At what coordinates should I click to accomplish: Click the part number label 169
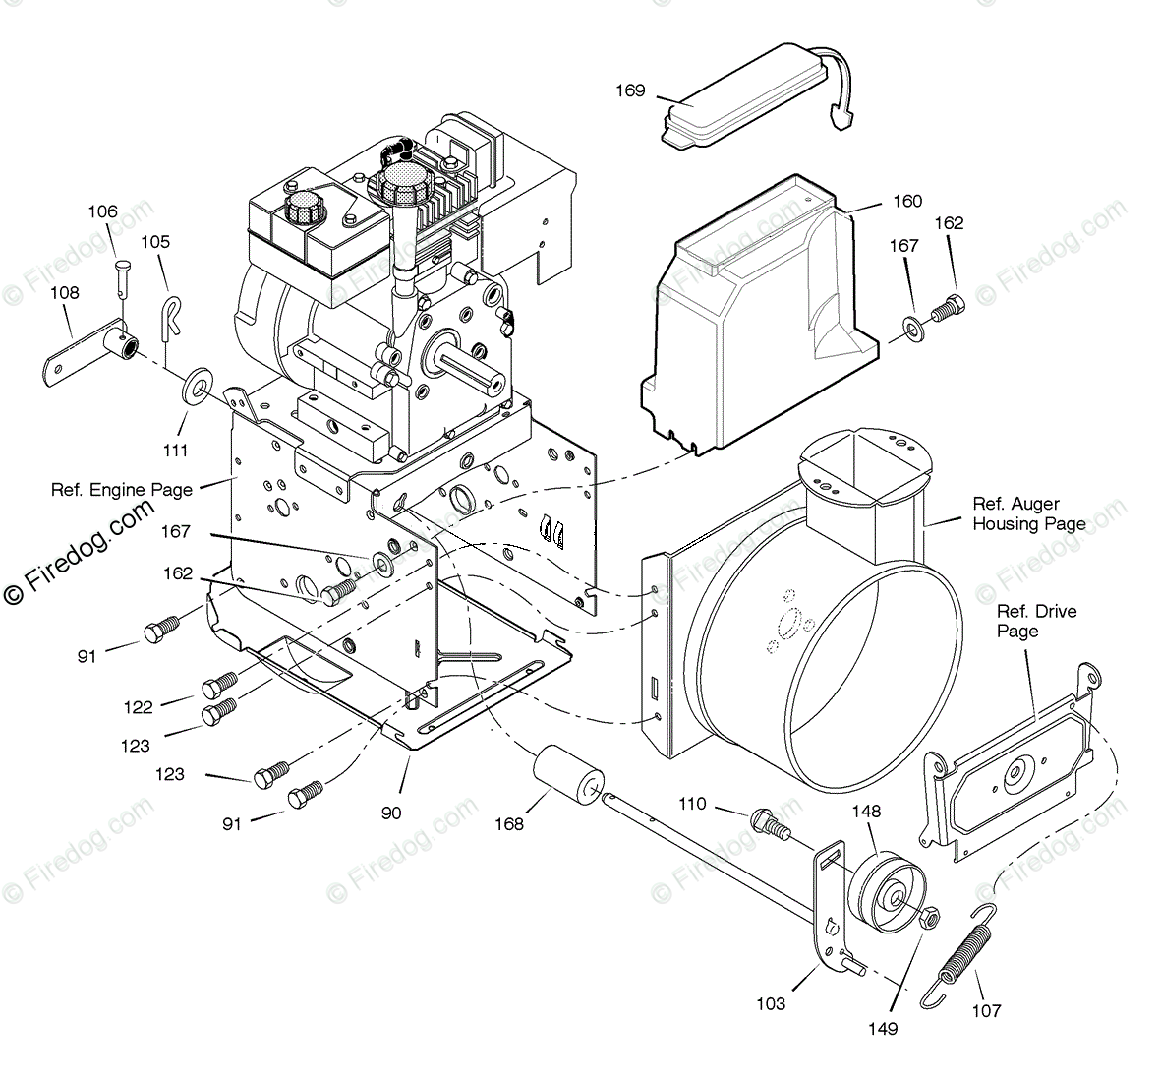point(630,91)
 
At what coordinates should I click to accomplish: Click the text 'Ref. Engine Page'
point(122,489)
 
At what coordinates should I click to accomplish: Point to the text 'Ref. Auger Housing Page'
point(1028,513)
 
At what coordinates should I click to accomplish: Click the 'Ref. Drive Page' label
point(1036,621)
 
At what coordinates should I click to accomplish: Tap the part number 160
point(906,201)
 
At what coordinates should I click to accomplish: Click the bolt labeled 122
point(220,682)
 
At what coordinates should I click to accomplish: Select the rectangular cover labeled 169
point(747,93)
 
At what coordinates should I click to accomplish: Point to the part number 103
point(771,1003)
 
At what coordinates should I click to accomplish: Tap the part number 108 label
point(65,292)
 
